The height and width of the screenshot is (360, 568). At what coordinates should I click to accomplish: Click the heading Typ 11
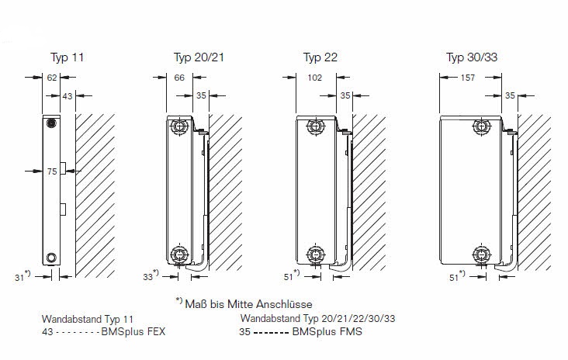(67, 57)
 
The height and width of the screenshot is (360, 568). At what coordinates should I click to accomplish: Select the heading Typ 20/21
(199, 57)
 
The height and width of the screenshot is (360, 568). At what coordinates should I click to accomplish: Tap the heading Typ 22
(320, 57)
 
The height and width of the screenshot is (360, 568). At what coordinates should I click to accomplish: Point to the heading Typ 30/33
(472, 57)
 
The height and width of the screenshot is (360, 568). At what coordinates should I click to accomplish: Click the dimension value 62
(52, 78)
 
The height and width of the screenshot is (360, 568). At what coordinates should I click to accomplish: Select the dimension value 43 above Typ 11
(68, 96)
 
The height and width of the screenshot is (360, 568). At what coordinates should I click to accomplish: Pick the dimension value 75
(52, 171)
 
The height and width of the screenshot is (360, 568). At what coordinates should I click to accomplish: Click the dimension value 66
(179, 78)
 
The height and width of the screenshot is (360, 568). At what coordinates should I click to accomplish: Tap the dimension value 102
(314, 78)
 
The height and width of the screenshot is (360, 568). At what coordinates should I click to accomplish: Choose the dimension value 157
(467, 78)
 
